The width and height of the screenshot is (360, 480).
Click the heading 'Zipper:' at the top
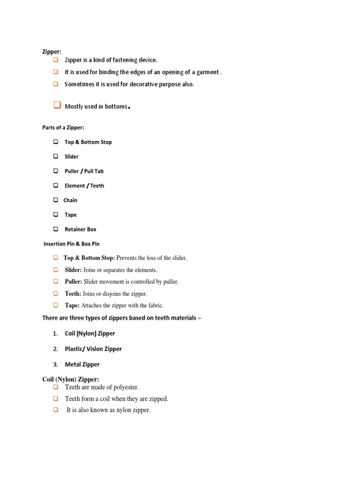pos(52,52)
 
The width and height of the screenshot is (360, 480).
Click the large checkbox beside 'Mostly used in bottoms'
pos(57,105)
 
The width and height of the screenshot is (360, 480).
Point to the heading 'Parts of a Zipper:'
pos(63,127)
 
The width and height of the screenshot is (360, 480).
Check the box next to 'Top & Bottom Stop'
pos(55,142)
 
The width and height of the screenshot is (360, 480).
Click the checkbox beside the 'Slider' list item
pos(55,156)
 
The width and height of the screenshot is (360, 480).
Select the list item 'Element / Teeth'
pos(84,186)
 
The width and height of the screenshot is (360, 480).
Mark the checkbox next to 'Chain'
pos(55,200)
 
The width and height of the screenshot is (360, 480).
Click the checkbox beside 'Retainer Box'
pos(55,229)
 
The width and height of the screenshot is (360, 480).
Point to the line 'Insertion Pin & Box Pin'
pos(71,244)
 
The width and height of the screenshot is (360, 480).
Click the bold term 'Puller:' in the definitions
pos(73,282)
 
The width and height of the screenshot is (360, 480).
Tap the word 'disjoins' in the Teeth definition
pos(111,294)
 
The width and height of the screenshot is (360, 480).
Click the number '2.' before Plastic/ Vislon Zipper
pos(55,349)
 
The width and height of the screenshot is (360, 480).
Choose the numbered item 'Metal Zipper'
pos(82,364)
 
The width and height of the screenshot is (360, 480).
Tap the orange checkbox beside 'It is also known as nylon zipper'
pos(55,410)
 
